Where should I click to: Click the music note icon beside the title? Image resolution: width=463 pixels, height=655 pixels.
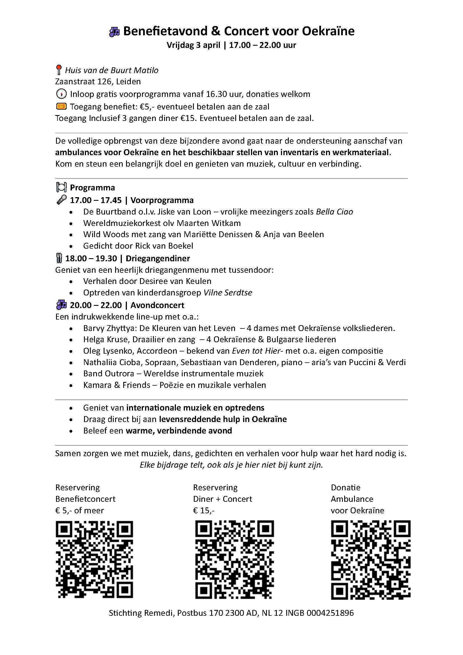[114, 32]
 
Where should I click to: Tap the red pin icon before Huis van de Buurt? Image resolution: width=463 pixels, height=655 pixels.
[59, 70]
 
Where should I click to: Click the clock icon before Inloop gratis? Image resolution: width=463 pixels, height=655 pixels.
[61, 94]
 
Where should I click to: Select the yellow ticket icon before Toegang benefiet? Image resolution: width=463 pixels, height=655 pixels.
[61, 106]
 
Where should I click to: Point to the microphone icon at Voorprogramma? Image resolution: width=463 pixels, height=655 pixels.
[61, 200]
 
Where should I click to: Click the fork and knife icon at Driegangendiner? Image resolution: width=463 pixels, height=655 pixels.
[59, 258]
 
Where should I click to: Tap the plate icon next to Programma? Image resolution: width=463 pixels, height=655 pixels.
[61, 187]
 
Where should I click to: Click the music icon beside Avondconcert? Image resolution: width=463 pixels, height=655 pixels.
[61, 305]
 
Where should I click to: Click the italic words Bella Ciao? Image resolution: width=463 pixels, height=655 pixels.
[334, 212]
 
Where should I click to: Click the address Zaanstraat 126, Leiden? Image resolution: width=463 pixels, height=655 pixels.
[98, 81]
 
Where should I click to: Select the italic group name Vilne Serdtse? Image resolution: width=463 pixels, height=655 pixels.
[228, 293]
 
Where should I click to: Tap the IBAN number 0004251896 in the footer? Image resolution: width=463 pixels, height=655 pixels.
[330, 613]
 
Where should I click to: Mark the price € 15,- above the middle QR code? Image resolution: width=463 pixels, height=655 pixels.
[204, 511]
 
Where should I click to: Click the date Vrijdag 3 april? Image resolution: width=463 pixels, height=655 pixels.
[194, 45]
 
